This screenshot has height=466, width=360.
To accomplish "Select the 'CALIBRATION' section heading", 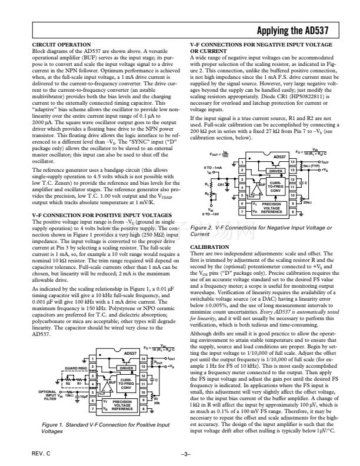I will tap(210, 247).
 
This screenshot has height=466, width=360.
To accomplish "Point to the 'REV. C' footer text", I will tap(41, 455).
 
